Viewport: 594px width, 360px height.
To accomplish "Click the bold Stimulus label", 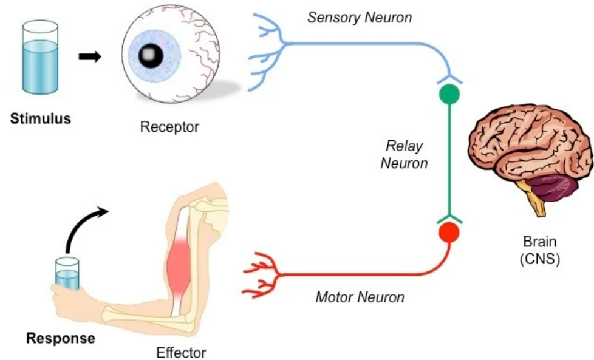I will click(x=40, y=118).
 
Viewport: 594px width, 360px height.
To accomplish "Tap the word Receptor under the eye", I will click(x=169, y=127).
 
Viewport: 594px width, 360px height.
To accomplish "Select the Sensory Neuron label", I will click(x=360, y=17).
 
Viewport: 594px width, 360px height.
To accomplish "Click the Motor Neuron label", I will click(x=360, y=297).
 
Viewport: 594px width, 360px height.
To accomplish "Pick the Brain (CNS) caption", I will click(x=539, y=250).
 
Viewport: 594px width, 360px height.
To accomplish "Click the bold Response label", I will click(x=60, y=338).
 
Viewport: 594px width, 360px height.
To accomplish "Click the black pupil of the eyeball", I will click(x=148, y=56).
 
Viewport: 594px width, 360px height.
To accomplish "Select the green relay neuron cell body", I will click(x=449, y=94).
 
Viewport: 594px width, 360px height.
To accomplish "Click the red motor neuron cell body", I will click(x=449, y=232).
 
